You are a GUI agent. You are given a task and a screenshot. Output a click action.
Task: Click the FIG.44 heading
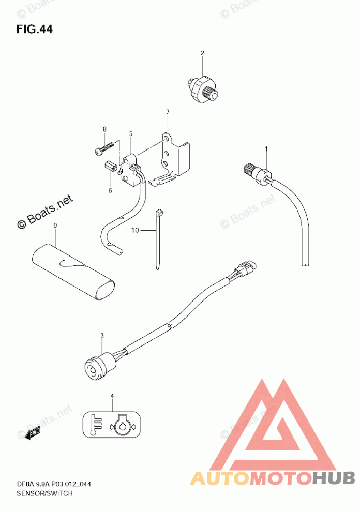(x=34, y=29)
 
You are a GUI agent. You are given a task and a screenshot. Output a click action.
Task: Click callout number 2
(x=202, y=53)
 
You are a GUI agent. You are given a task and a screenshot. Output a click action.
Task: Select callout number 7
(x=168, y=112)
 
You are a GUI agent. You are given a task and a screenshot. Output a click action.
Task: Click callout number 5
(x=131, y=133)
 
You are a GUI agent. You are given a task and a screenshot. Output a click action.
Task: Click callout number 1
(x=266, y=149)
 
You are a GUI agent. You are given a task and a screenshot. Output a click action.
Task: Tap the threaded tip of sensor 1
(x=248, y=168)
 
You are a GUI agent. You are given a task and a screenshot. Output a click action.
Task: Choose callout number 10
(x=135, y=230)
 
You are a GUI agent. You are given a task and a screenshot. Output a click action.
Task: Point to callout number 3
(x=102, y=335)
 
